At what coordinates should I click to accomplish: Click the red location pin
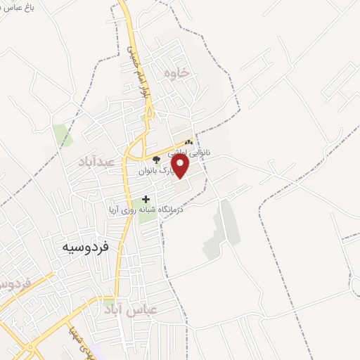[181, 166]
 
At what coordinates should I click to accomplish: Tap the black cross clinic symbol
[146, 199]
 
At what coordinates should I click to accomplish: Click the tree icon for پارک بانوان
[155, 159]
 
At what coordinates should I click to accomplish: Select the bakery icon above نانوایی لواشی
[188, 142]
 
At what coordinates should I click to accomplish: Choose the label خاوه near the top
[177, 72]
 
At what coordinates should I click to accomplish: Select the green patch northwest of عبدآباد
[62, 134]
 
